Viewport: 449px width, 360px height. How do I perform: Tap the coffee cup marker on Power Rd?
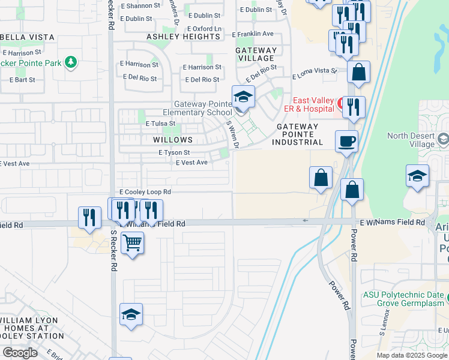[x=346, y=142]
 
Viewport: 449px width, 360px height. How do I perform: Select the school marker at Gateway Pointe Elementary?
[x=243, y=97]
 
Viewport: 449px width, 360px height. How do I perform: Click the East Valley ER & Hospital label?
[x=313, y=104]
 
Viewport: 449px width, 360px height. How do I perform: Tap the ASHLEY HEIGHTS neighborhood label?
[x=184, y=37]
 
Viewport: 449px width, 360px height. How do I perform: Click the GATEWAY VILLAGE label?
[x=256, y=54]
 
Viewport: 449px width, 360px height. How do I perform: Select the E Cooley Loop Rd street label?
[x=145, y=192]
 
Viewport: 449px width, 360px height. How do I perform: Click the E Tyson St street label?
[x=174, y=153]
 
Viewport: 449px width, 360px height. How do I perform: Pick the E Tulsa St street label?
[x=160, y=123]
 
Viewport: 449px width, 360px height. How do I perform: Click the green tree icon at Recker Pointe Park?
[x=71, y=62]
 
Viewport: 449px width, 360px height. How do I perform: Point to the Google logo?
[x=20, y=353]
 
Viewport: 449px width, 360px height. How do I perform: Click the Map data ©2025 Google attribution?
[x=412, y=355]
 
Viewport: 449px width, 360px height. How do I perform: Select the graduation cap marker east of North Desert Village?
[x=417, y=176]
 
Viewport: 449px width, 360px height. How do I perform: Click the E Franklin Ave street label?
[x=252, y=34]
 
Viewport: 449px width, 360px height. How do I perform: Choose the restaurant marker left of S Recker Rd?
[x=89, y=218]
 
